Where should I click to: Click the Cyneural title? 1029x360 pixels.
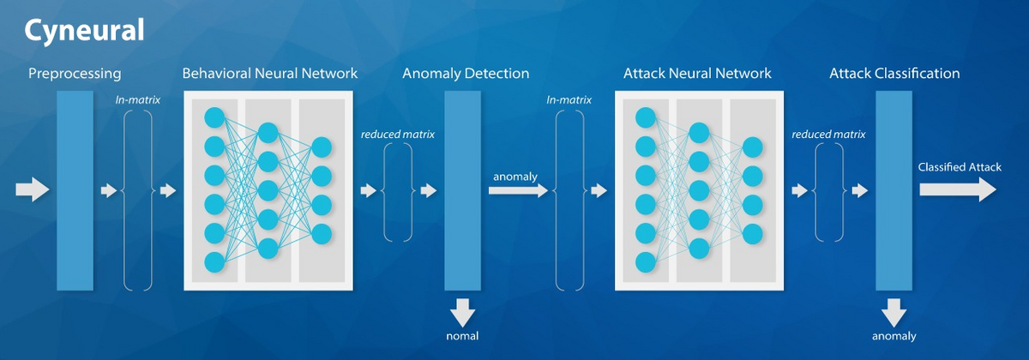tap(83, 31)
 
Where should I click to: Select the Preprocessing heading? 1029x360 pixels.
tap(75, 74)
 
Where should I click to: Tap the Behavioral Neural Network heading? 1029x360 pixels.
tap(270, 74)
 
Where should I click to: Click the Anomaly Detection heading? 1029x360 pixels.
tap(466, 74)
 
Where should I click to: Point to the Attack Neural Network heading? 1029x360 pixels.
tap(697, 74)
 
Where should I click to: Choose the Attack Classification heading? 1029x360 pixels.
tap(894, 74)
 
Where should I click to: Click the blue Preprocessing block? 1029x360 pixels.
tap(75, 190)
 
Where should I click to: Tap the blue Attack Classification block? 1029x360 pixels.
tap(894, 190)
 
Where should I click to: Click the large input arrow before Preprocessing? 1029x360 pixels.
tap(33, 190)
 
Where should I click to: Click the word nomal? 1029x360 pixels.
tap(462, 336)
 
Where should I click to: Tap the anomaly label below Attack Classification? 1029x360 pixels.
tap(894, 336)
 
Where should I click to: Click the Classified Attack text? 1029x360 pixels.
tap(960, 167)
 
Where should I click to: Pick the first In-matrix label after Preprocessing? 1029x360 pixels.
tap(138, 100)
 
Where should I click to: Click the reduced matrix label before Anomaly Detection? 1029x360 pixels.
tap(398, 134)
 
